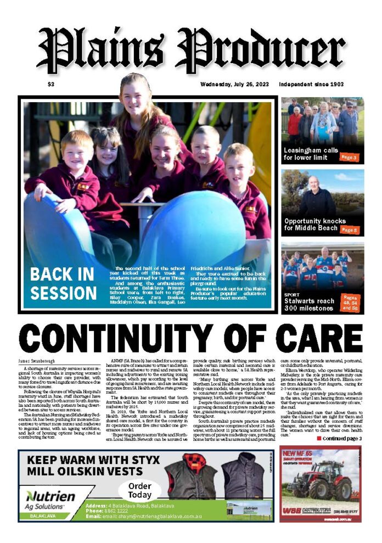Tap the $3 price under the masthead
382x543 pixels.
[x=51, y=85]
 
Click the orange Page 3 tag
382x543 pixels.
[x=349, y=158]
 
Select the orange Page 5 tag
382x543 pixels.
[x=349, y=229]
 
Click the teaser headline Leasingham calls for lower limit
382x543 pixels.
[x=311, y=154]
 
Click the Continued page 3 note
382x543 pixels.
[x=339, y=439]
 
